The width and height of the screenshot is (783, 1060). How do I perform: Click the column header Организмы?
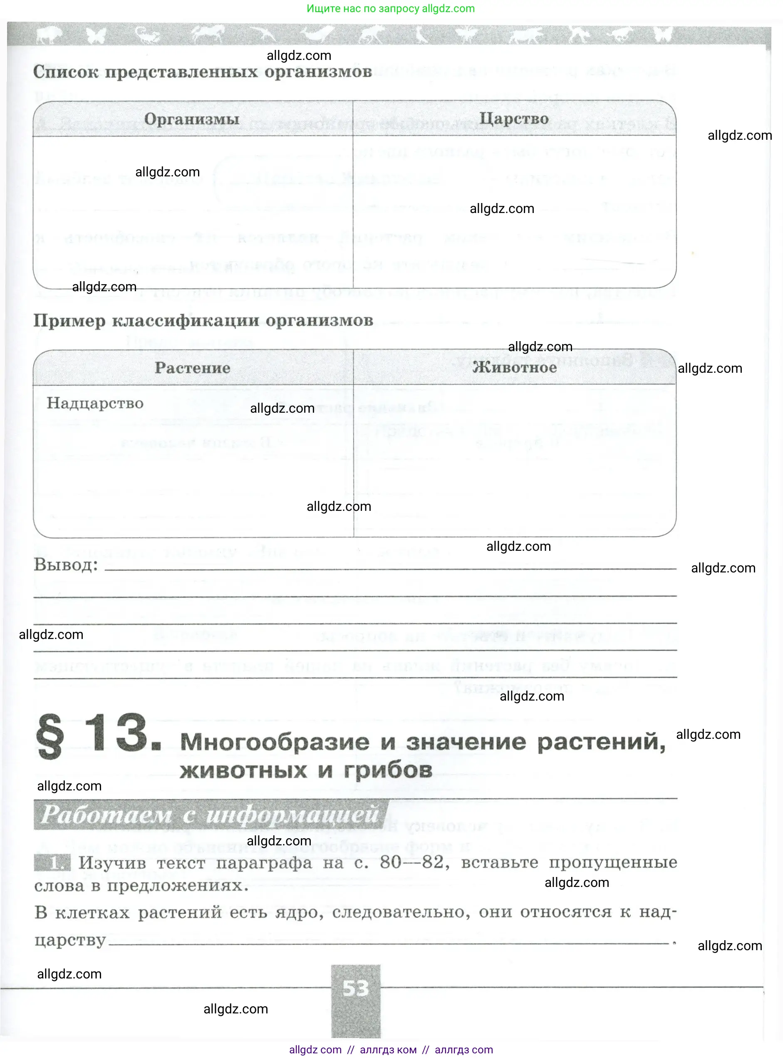(x=191, y=119)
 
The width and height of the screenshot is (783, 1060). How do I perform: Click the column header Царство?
(x=514, y=118)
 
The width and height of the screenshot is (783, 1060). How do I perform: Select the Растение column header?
(x=193, y=368)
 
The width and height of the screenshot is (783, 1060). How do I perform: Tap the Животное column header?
(x=515, y=367)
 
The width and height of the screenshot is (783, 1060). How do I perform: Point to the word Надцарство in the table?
(x=95, y=403)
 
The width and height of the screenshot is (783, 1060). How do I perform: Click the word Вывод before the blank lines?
(x=65, y=565)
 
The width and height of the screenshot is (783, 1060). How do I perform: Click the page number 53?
(x=355, y=988)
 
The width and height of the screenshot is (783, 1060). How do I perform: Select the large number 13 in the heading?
(x=121, y=733)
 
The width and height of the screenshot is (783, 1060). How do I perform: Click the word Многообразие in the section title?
(x=275, y=742)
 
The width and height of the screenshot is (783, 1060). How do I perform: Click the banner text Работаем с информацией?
(x=210, y=815)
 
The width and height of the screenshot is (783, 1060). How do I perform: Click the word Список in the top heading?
(x=65, y=72)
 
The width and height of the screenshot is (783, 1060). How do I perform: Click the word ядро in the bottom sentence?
(x=300, y=912)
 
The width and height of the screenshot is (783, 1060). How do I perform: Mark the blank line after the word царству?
(x=389, y=943)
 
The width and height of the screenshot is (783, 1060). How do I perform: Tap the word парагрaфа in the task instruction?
(x=264, y=863)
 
